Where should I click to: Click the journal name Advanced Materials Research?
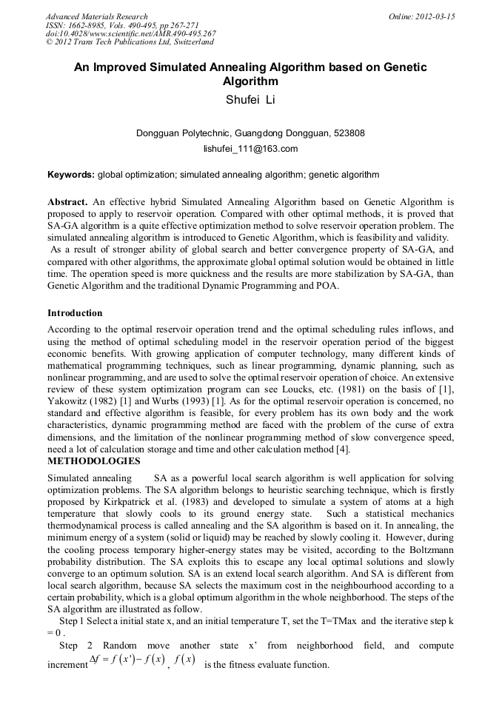point(96,16)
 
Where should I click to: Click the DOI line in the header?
point(131,33)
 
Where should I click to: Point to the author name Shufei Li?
point(250,100)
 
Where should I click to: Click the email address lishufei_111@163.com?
point(250,149)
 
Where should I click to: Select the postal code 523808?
point(347,133)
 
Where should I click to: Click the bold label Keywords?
point(71,175)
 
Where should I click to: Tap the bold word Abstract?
point(67,201)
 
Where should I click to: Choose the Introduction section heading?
point(75,313)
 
